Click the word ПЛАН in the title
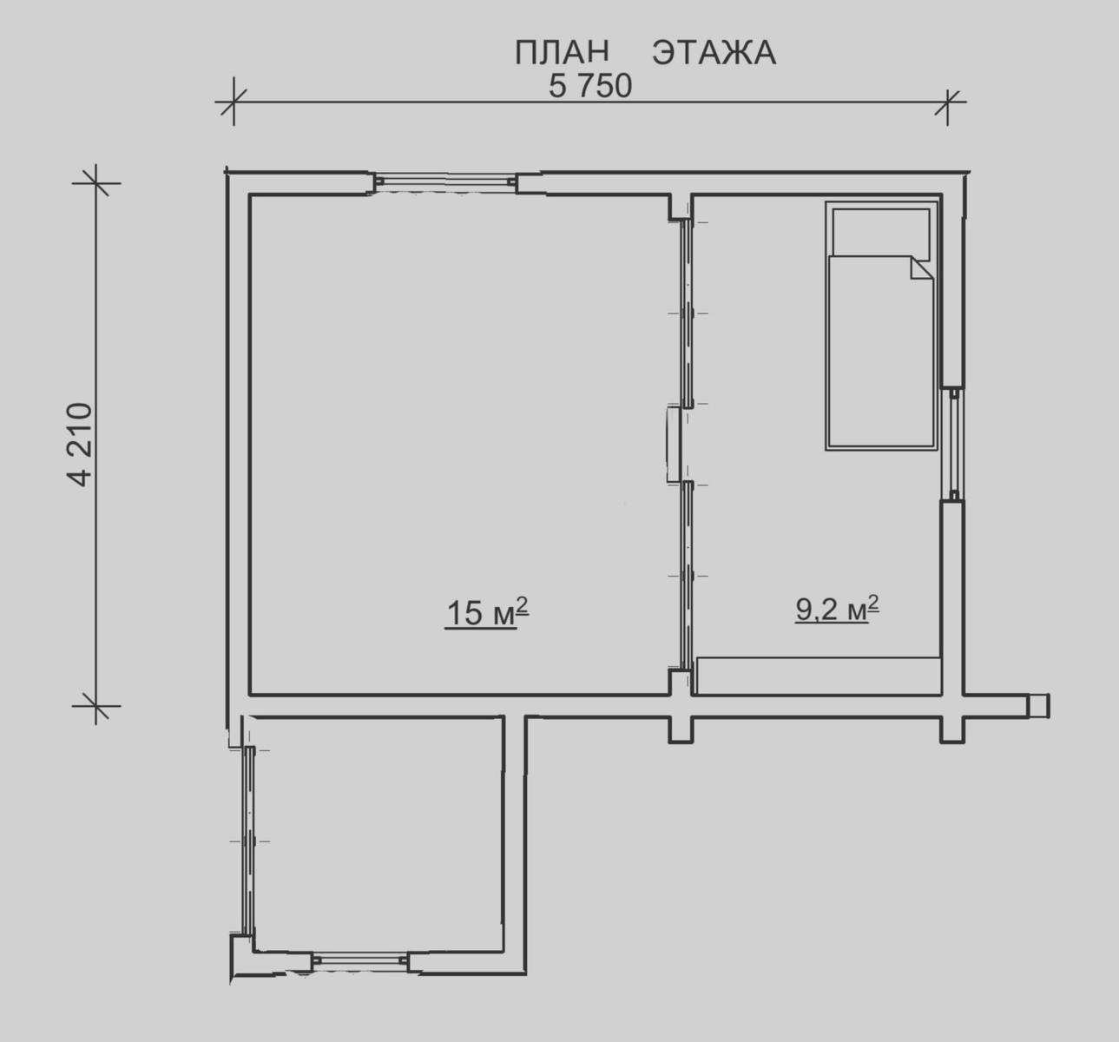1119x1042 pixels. coord(562,52)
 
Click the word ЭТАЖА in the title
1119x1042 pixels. coord(714,52)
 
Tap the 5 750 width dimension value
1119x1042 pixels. coord(590,86)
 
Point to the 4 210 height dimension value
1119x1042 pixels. coord(79,445)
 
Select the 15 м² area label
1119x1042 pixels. coord(487,612)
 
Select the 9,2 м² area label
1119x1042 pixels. coord(837,609)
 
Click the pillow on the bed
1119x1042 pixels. coord(880,232)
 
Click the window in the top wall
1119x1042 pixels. coord(445,181)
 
